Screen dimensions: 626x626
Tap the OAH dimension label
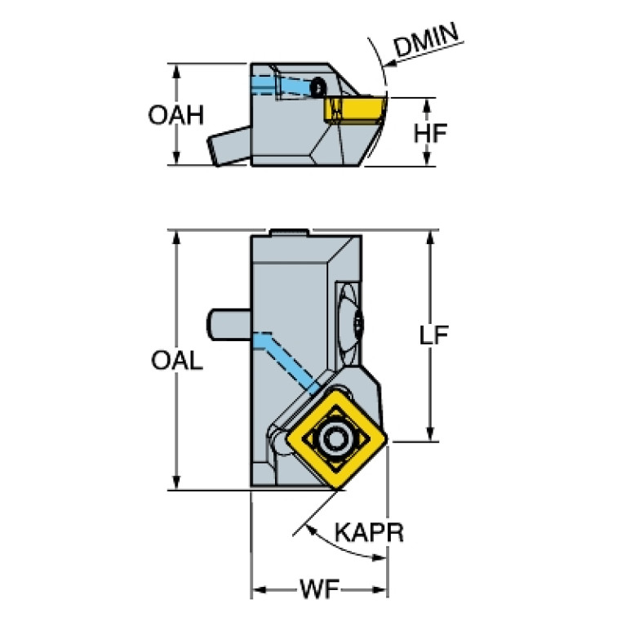176,115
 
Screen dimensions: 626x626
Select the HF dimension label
430,133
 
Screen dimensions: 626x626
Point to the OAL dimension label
177,361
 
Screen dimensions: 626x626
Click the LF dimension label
433,335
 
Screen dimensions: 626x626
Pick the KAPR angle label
369,532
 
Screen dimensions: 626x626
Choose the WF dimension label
319,589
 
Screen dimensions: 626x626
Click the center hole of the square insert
336,439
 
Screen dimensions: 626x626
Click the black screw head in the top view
318,87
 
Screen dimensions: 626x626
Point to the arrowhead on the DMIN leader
389,64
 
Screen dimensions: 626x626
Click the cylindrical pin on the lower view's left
229,325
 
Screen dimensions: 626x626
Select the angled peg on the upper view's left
229,146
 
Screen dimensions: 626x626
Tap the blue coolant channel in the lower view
285,362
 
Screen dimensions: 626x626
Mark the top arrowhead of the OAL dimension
176,237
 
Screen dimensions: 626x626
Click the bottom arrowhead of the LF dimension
430,434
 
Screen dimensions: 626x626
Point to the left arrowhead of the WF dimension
260,589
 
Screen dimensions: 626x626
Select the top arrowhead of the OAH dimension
176,70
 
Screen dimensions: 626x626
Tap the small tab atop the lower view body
290,233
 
